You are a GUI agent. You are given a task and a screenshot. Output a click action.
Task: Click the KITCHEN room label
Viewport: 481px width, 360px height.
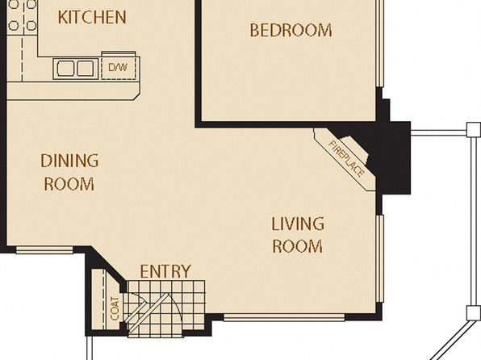[x=92, y=17]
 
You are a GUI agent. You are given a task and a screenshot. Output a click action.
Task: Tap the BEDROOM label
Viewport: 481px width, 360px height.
[x=291, y=31]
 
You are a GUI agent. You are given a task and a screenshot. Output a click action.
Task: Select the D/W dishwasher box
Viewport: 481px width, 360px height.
[x=119, y=67]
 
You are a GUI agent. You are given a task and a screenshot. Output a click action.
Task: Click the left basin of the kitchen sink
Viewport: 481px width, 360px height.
[x=65, y=68]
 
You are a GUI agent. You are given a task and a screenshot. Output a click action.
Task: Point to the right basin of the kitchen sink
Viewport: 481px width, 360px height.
[x=85, y=68]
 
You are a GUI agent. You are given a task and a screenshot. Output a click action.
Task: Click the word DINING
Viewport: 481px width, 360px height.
[x=69, y=161]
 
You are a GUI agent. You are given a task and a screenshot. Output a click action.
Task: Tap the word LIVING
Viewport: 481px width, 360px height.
[x=298, y=224]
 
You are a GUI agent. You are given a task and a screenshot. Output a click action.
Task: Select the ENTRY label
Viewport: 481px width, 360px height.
[x=165, y=271]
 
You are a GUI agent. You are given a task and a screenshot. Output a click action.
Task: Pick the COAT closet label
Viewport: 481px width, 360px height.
[x=115, y=308]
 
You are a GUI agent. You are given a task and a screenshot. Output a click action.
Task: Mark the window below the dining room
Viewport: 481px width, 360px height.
[x=44, y=250]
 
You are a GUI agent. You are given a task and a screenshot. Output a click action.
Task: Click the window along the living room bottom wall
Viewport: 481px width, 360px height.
[x=284, y=317]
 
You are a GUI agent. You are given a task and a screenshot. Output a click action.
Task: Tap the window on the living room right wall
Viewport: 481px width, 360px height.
[x=380, y=259]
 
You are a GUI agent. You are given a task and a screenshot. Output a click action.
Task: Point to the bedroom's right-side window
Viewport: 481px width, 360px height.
[x=380, y=44]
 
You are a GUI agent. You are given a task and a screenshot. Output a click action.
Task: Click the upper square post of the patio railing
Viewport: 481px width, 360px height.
[x=473, y=129]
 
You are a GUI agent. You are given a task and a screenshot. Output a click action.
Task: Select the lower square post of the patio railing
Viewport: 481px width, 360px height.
[x=473, y=313]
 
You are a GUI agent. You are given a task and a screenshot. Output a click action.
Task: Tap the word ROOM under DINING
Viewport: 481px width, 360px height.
[x=69, y=184]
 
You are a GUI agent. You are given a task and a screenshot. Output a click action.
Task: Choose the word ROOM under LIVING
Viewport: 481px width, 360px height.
[x=298, y=246]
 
